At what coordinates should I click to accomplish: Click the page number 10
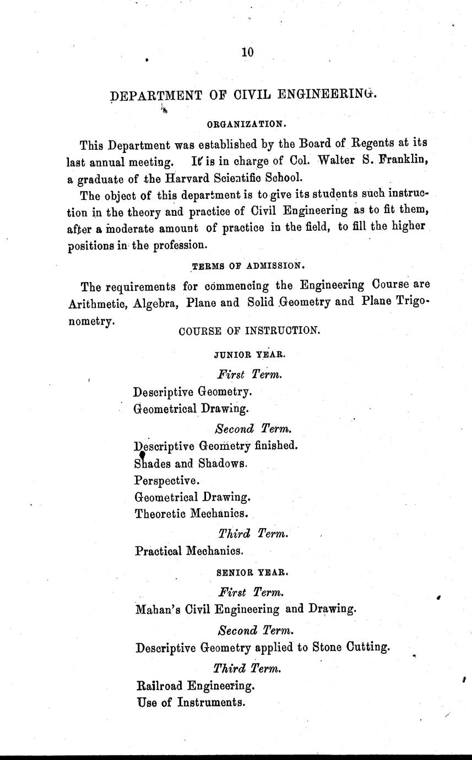247,52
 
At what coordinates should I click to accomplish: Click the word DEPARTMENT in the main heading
157,95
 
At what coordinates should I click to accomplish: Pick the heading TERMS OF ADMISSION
247,266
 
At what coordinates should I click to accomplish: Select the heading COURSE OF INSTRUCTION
249,331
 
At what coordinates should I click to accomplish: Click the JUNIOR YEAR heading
246,355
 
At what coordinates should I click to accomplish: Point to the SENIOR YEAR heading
245,573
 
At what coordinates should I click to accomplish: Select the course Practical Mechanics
189,550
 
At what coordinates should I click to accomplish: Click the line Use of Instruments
189,702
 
